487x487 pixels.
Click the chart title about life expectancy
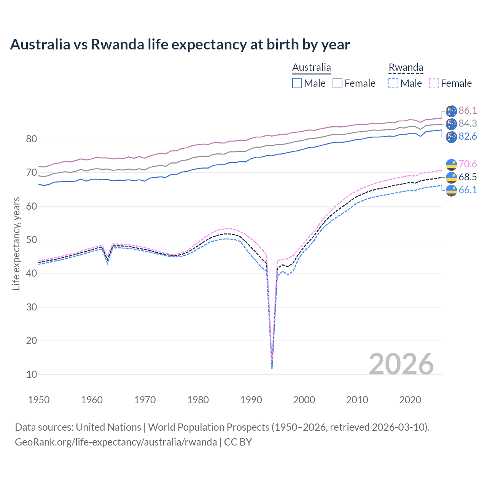[x=180, y=45]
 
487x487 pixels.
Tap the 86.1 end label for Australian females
[x=467, y=111]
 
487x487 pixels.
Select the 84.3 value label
[x=467, y=124]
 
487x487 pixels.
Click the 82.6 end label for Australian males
[x=467, y=137]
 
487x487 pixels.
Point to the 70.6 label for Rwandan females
[x=467, y=164]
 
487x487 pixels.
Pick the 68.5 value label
[x=467, y=177]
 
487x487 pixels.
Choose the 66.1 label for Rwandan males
[x=467, y=190]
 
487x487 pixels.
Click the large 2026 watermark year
[x=401, y=364]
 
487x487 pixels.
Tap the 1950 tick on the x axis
[x=39, y=400]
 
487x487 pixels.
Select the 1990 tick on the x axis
[x=251, y=400]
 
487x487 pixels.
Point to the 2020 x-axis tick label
[x=410, y=400]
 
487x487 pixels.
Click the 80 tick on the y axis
[x=32, y=139]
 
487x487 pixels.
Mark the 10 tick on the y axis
[x=32, y=374]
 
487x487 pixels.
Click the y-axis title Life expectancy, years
[x=16, y=243]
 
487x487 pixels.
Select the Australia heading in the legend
[x=311, y=68]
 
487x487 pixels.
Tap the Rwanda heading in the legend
[x=406, y=68]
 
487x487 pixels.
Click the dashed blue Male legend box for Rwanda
[x=393, y=83]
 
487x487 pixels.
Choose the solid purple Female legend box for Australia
[x=337, y=83]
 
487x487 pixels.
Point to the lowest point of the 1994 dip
[x=272, y=368]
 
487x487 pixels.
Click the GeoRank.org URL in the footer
[x=116, y=442]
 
